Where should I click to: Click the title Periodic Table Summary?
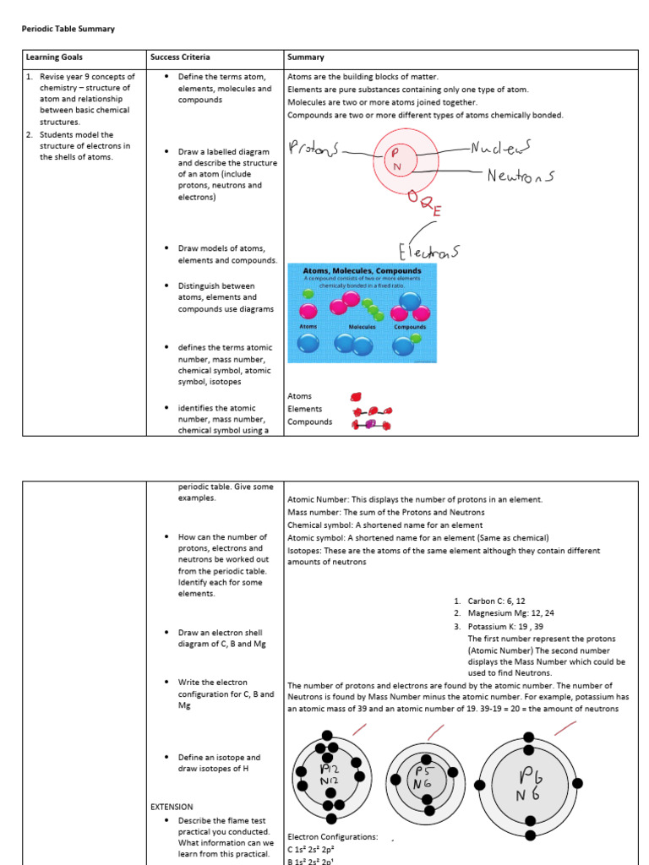coord(68,29)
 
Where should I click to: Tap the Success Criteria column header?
coord(180,57)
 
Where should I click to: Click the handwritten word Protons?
coord(313,149)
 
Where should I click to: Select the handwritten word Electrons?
coord(429,250)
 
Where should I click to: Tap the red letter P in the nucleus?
coord(393,153)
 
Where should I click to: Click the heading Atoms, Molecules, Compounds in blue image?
coord(362,271)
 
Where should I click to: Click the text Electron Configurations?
coord(333,837)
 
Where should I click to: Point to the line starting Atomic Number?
coord(414,499)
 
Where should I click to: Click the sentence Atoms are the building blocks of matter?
coord(363,77)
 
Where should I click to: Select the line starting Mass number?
coord(386,512)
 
